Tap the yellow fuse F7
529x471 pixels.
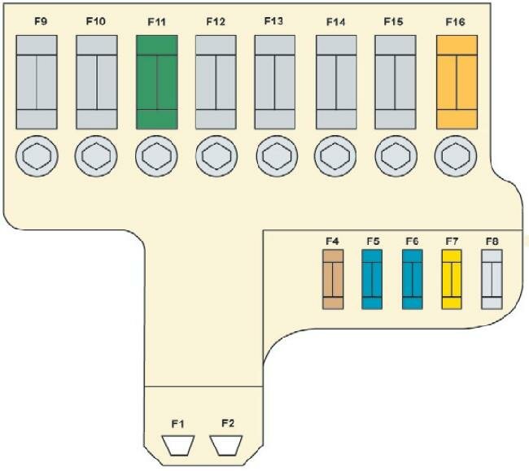click(452, 279)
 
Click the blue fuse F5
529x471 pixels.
click(373, 279)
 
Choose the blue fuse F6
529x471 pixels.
click(413, 279)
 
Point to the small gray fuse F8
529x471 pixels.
click(491, 279)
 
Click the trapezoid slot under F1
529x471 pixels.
click(178, 446)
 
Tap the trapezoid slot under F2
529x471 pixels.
click(227, 446)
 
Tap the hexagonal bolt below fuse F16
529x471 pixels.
click(456, 154)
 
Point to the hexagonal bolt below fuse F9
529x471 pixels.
click(37, 154)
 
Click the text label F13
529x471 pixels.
click(274, 21)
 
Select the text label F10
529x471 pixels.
click(95, 21)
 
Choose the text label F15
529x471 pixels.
click(394, 21)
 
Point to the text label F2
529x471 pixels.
click(227, 422)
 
